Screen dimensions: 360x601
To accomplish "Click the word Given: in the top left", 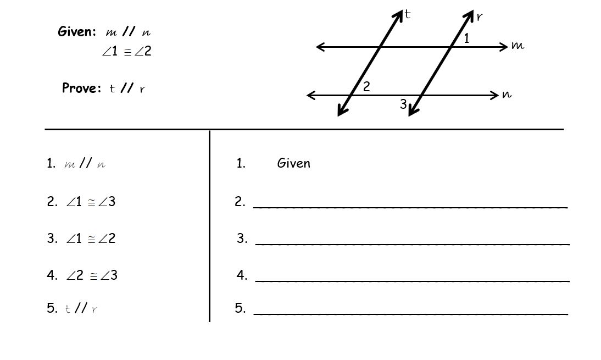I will tap(77, 32).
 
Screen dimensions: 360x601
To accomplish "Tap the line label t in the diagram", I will tap(407, 14).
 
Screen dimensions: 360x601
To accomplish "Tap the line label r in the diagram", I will tap(479, 17).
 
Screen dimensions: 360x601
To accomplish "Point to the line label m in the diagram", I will tap(517, 46).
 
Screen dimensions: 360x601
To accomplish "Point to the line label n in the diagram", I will tap(507, 95).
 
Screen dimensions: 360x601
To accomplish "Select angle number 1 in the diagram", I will tap(466, 38).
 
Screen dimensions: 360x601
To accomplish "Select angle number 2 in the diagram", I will tap(366, 87).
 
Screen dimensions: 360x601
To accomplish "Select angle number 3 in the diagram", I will tap(403, 104).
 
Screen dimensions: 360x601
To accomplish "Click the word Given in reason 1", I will tap(294, 163).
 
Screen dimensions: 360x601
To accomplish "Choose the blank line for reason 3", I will tap(412, 243).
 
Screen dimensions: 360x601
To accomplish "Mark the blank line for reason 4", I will tap(412, 280).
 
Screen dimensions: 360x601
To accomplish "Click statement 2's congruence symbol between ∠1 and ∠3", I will tap(91, 203).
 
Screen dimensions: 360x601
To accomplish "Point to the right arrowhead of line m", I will tap(504, 47).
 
